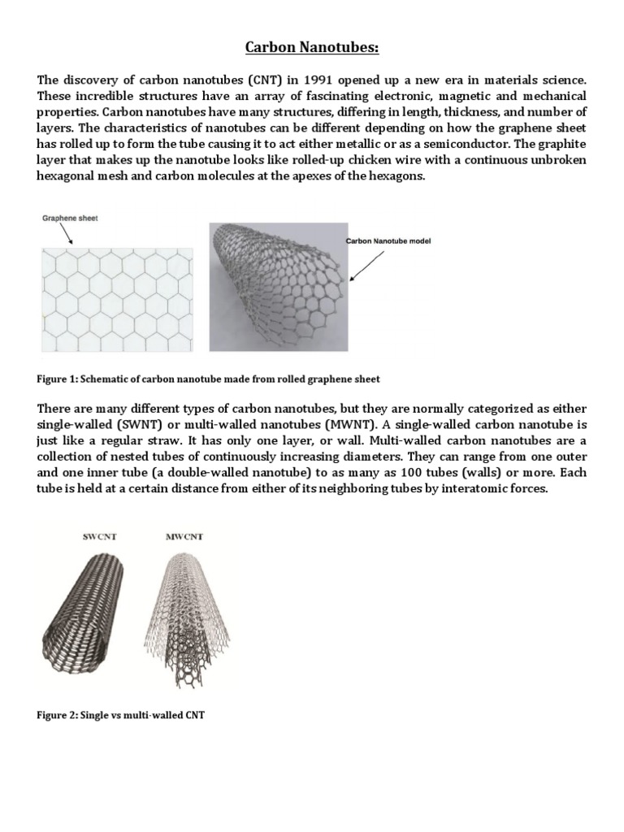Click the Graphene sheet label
click(69, 218)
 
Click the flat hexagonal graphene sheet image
click(117, 299)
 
